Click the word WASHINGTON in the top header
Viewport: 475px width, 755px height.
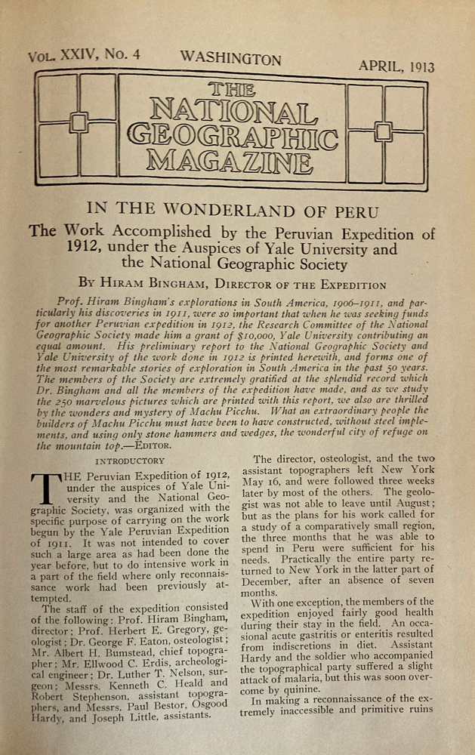pyautogui.click(x=230, y=59)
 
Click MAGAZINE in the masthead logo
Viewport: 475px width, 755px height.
pyautogui.click(x=230, y=159)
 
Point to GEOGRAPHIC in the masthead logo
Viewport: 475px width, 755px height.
pyautogui.click(x=233, y=135)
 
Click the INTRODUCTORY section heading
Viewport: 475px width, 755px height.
pyautogui.click(x=129, y=461)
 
